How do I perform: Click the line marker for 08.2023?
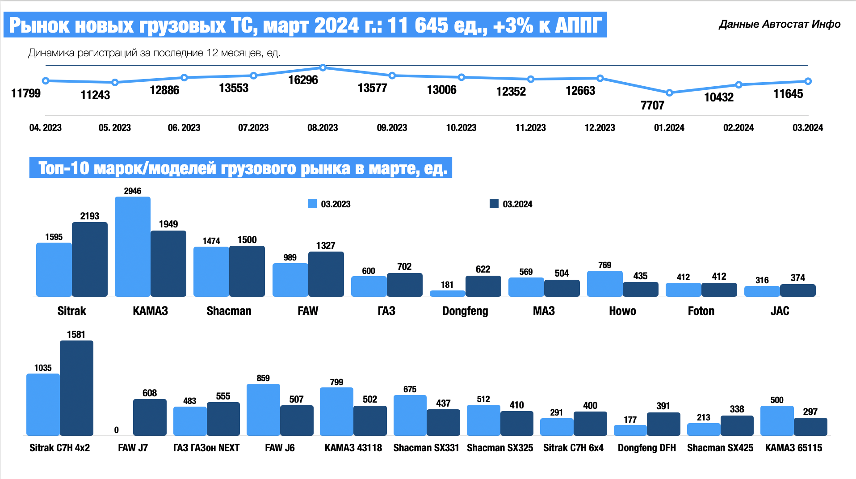coord(323,68)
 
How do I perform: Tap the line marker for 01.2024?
coord(669,93)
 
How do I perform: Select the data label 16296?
coord(303,80)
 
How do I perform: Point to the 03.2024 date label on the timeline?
coord(807,128)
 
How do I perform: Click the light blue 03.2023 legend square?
coord(312,204)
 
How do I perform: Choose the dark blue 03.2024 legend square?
coord(494,204)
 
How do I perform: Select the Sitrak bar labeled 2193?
coord(90,259)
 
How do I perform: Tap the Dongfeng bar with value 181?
coord(447,294)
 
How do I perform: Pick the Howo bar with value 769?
coord(604,284)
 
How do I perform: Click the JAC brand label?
coord(780,311)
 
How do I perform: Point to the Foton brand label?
coord(701,311)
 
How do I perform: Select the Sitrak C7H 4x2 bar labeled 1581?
coord(76,388)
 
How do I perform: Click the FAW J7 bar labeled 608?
coord(150,417)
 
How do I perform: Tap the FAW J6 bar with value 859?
coord(263,409)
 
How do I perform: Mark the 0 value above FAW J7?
coord(116,430)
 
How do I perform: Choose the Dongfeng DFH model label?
coord(646,448)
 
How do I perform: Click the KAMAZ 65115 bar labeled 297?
coord(810,427)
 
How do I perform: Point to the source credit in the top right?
coord(780,24)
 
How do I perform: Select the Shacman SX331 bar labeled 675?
coord(410,415)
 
